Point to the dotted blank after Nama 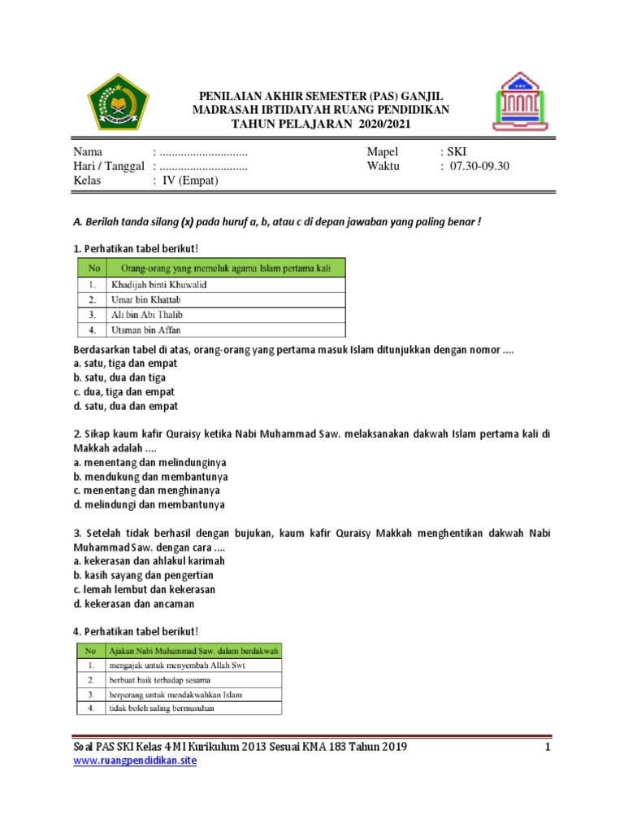click(203, 151)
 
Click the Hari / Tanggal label click(109, 166)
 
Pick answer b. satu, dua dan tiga click(119, 377)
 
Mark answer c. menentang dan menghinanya click(146, 491)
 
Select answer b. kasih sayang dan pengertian click(144, 575)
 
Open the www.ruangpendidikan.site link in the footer click(135, 761)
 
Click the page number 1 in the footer click(548, 747)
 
